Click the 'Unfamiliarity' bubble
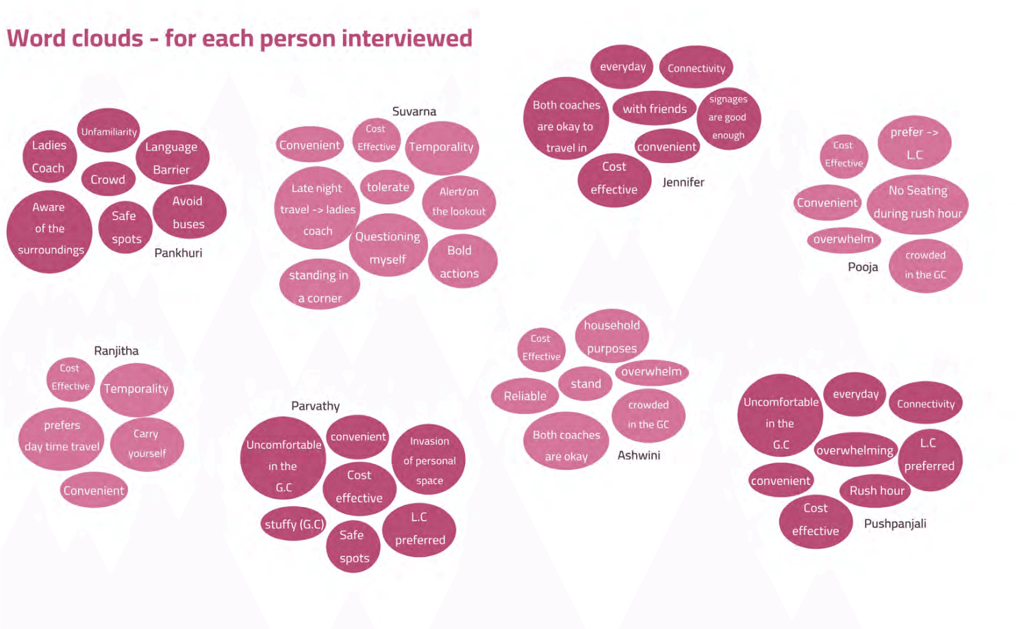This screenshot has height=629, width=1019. (x=109, y=131)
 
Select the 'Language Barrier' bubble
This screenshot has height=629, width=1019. (x=172, y=158)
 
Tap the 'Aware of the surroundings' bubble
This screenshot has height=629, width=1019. (x=49, y=230)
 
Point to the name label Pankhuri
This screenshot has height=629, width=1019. (x=178, y=253)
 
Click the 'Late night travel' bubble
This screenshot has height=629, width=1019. (x=317, y=209)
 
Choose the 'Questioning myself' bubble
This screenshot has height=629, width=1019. (x=388, y=247)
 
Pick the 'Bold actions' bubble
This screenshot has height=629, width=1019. (x=460, y=262)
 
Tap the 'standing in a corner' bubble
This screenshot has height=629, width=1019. (x=319, y=285)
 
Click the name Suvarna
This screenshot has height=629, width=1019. (x=414, y=111)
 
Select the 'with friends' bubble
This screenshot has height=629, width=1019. (x=654, y=109)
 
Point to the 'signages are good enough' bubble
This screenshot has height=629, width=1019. (x=728, y=117)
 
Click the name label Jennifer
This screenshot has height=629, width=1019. (x=683, y=182)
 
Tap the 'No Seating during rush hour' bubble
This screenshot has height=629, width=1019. (x=918, y=203)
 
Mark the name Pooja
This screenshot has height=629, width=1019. (x=862, y=267)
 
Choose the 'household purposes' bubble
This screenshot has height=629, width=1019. (x=612, y=336)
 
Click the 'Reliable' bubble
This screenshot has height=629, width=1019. (x=525, y=396)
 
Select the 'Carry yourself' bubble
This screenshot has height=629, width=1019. (x=147, y=443)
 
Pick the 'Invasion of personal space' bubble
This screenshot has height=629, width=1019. (x=429, y=460)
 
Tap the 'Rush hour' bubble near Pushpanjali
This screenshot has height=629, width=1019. (x=877, y=491)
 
